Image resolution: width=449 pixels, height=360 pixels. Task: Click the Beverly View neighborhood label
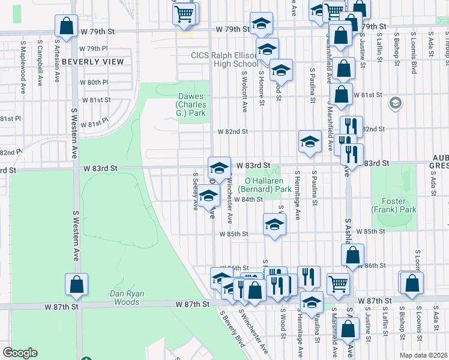[x=92, y=62]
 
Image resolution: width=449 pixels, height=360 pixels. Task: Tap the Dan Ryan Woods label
[x=125, y=298]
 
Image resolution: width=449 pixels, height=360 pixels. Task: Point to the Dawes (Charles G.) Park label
[x=191, y=104]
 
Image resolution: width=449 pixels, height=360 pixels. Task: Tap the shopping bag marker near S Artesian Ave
[x=66, y=26]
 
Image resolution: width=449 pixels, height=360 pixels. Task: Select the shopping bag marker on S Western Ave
[x=77, y=286]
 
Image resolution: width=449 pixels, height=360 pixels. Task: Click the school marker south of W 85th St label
[x=274, y=225]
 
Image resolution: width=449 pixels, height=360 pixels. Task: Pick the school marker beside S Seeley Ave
[x=208, y=196]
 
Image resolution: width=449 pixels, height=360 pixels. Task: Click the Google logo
[x=20, y=352]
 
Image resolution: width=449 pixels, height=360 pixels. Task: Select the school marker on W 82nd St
[x=309, y=142]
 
